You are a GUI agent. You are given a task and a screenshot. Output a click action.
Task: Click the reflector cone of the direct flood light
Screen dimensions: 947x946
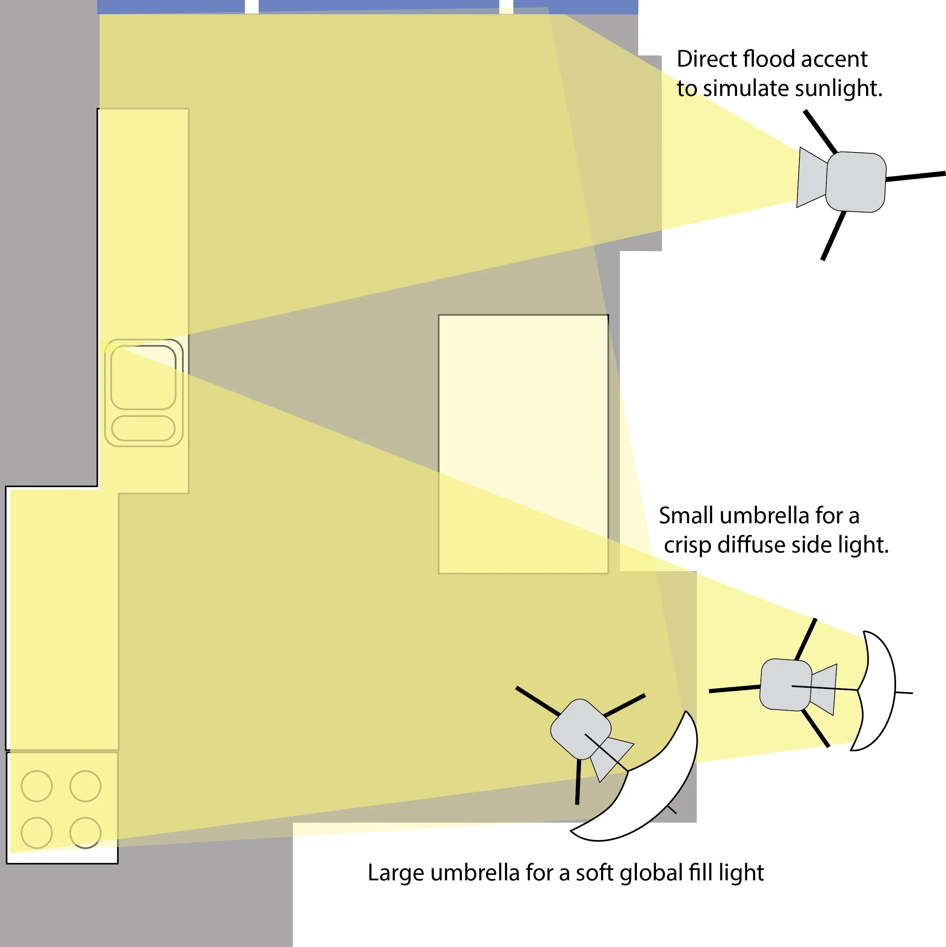pyautogui.click(x=811, y=177)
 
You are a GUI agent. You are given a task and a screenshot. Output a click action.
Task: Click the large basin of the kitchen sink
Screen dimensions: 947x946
pyautogui.click(x=143, y=377)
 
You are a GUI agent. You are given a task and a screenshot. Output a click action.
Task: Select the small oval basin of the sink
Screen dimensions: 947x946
pyautogui.click(x=143, y=428)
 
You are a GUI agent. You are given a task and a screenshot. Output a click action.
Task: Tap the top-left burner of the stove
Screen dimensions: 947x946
pyautogui.click(x=37, y=786)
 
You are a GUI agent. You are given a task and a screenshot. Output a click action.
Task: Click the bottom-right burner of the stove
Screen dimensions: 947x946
pyautogui.click(x=85, y=833)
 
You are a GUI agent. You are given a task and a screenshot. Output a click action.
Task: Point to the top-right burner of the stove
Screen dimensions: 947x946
pyautogui.click(x=85, y=786)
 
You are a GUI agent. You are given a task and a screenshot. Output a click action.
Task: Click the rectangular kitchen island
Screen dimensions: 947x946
pyautogui.click(x=523, y=444)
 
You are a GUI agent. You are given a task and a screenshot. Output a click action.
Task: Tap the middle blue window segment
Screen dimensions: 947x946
pyautogui.click(x=378, y=6)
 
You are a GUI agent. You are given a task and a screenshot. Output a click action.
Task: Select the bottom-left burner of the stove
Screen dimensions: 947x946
pyautogui.click(x=37, y=833)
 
